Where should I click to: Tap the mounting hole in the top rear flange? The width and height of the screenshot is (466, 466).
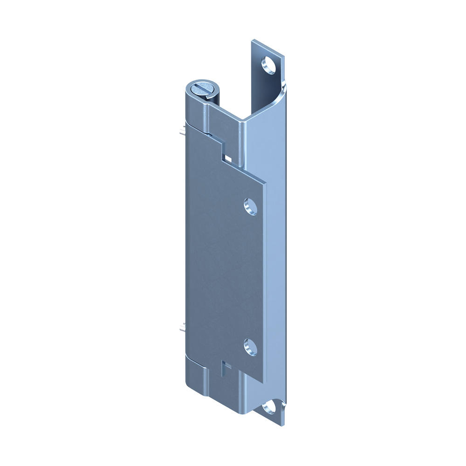[269, 65]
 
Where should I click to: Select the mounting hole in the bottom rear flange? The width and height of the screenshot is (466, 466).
[268, 408]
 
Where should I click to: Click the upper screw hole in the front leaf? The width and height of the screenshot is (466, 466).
[251, 206]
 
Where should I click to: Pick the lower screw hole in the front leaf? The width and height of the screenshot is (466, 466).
[250, 347]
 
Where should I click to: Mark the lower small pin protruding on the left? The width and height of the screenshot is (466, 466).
[182, 328]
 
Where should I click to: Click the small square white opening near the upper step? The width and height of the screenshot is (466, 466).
[228, 158]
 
